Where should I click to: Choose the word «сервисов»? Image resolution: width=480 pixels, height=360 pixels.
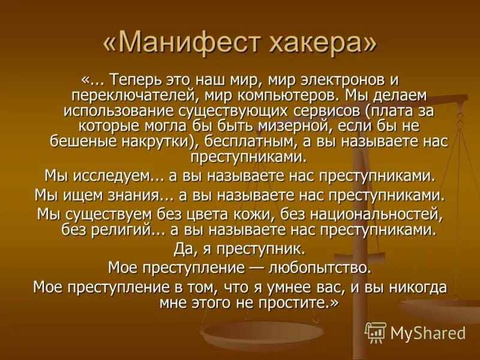tap(337, 111)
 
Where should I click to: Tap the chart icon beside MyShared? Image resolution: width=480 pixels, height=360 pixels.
tap(376, 332)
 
